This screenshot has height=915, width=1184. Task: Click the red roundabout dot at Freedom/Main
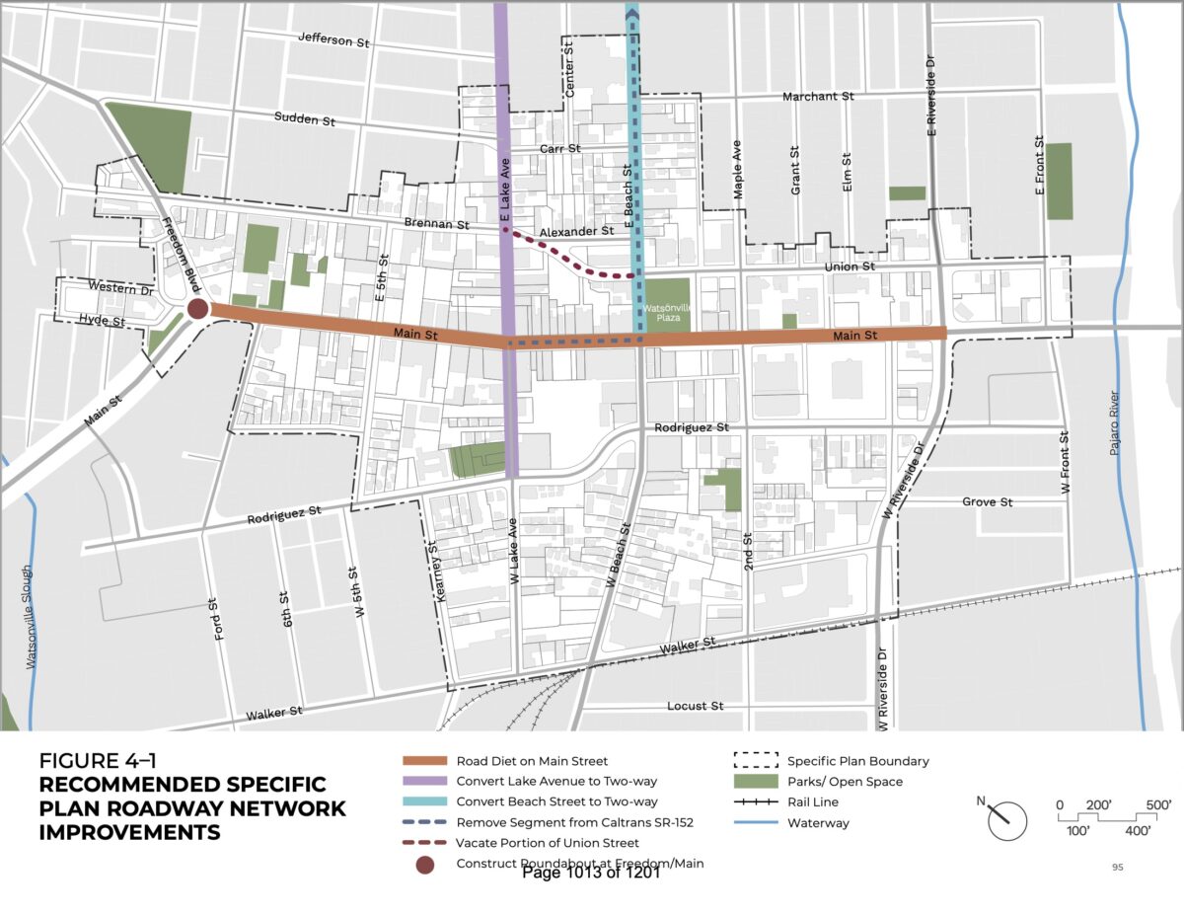(x=197, y=309)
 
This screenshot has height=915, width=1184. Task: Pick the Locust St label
(x=696, y=707)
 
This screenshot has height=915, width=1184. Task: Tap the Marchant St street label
(x=817, y=96)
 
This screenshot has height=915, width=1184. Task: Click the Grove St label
(x=987, y=502)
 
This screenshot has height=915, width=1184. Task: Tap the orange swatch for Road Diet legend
(x=424, y=761)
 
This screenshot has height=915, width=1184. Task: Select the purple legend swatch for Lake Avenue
(x=424, y=782)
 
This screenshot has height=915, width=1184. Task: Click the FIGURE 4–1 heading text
(x=98, y=761)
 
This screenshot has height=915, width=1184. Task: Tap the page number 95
(x=1117, y=868)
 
